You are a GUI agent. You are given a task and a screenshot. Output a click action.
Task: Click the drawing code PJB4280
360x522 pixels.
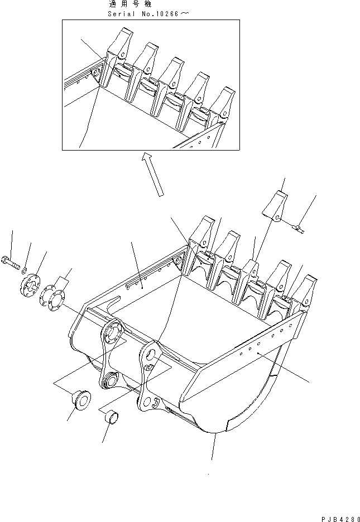click(336, 516)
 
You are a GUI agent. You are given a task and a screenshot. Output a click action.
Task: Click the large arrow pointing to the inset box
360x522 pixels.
click(153, 174)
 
